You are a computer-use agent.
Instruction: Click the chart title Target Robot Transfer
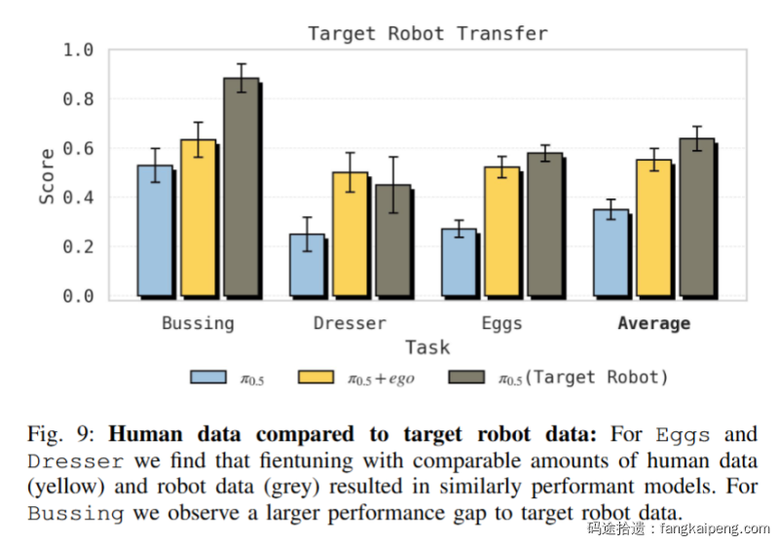427,34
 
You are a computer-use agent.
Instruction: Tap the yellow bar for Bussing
198,218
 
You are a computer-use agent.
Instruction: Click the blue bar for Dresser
307,265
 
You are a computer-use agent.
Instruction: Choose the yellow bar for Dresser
350,234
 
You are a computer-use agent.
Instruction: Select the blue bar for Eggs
459,263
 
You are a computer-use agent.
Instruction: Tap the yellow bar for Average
653,228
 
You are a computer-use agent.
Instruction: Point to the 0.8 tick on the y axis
78,99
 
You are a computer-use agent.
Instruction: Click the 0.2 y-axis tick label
78,247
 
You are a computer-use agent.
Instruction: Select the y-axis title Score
47,176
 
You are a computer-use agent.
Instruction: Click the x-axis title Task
427,347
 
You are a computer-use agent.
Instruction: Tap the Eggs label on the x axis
501,323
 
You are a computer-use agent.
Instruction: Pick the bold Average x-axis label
653,323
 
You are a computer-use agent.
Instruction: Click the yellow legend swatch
318,377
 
